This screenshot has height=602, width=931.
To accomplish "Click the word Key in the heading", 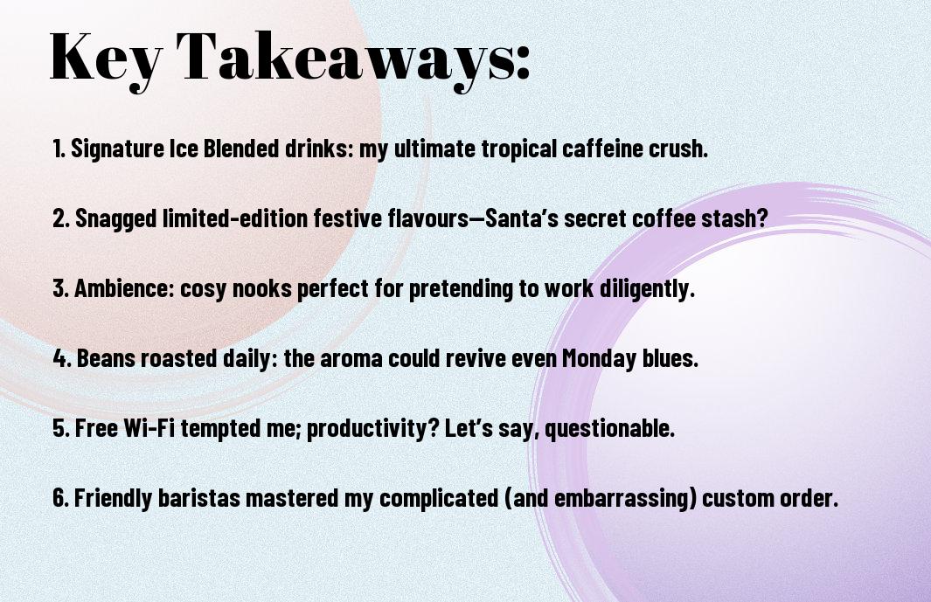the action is coord(105,59).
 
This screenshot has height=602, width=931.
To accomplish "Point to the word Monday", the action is coord(599,358).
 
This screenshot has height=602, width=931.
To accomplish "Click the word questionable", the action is coord(610,428).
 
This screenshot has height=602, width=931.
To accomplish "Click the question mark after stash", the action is coord(762,218).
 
